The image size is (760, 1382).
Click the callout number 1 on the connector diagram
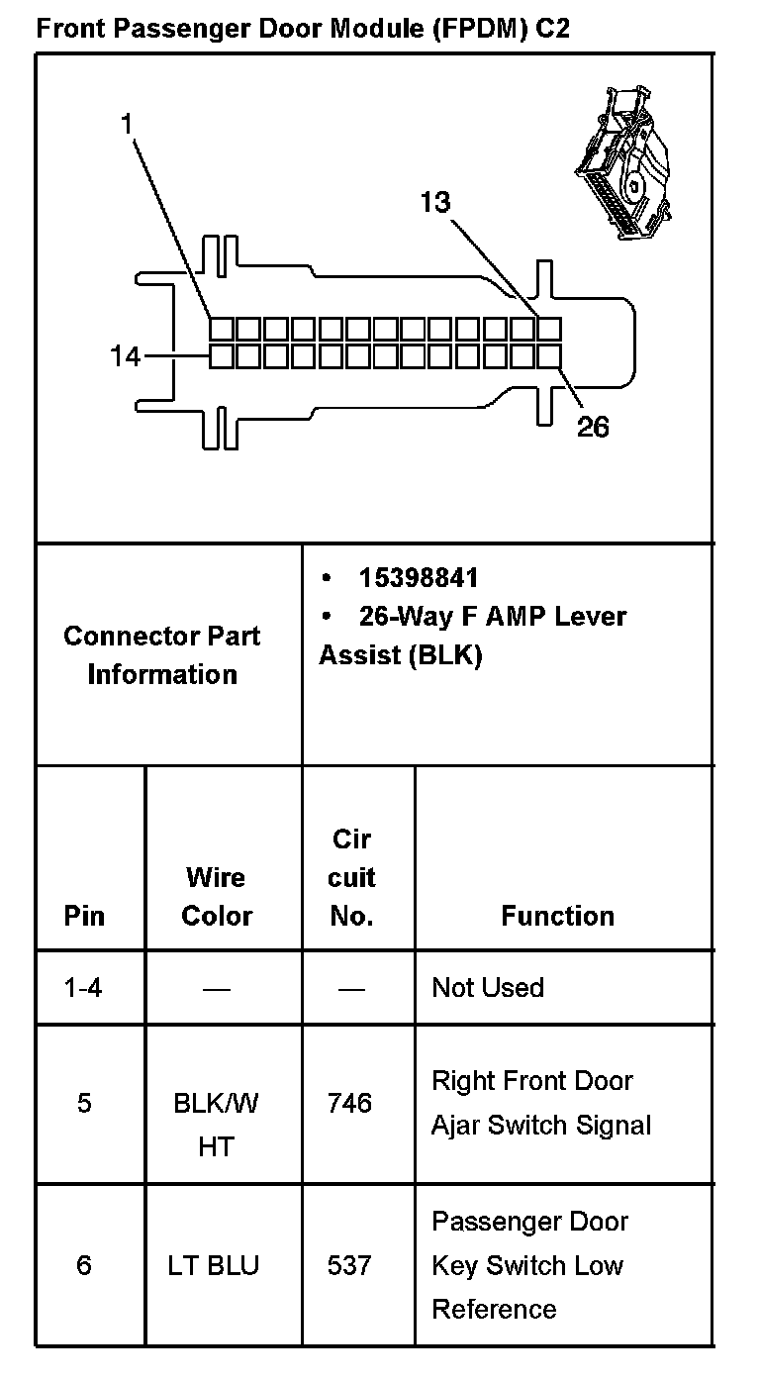[127, 124]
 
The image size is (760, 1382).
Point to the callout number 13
[434, 202]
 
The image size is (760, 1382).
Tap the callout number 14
[126, 355]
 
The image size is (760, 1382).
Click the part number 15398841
[419, 577]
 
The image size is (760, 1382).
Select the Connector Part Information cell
[162, 654]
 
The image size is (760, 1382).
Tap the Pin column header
[84, 916]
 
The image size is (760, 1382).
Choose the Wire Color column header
[217, 897]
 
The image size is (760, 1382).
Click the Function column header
[557, 916]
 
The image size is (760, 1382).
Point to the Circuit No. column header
[351, 877]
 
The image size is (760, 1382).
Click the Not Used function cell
[488, 988]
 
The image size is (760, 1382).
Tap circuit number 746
[349, 1103]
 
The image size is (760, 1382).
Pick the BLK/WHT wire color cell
[217, 1125]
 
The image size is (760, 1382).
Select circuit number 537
[349, 1265]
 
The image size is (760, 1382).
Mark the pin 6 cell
[84, 1265]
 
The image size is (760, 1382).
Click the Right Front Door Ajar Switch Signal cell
[541, 1103]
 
